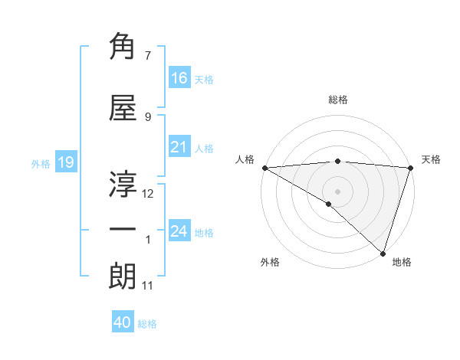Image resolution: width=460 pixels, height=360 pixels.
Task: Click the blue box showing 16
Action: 179,77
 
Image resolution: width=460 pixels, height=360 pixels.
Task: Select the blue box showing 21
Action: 179,147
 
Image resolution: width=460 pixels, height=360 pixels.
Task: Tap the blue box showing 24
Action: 179,231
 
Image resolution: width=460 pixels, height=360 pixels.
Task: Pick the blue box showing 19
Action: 65,162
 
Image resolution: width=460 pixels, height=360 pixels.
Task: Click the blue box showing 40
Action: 123,323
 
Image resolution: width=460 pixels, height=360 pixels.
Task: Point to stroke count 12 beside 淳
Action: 149,193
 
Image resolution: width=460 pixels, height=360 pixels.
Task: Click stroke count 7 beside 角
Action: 148,55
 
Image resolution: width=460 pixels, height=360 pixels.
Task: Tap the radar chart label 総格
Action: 338,100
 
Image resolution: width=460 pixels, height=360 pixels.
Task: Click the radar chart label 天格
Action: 431,159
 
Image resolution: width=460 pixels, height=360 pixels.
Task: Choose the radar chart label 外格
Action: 270,262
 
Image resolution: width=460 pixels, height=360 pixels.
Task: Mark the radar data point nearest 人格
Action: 264,168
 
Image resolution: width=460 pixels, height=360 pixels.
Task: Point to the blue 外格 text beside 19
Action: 40,163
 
